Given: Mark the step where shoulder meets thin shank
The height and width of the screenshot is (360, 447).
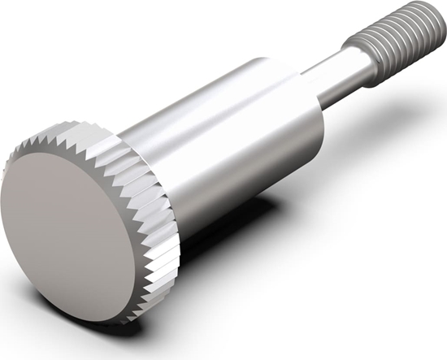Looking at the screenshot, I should (x=313, y=85).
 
